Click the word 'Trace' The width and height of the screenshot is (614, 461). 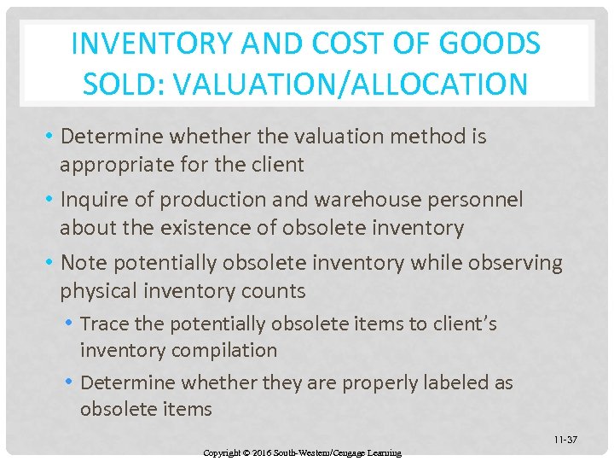102,324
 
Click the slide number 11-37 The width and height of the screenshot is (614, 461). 565,440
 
